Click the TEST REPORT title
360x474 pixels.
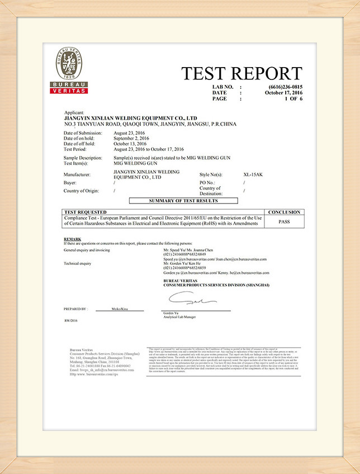[241, 74]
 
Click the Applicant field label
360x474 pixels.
[77, 112]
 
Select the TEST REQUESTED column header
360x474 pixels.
[86, 212]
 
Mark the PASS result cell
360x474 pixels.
[284, 222]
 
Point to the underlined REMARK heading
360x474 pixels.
[73, 239]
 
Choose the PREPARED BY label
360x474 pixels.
[75, 309]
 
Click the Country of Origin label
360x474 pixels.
[82, 191]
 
